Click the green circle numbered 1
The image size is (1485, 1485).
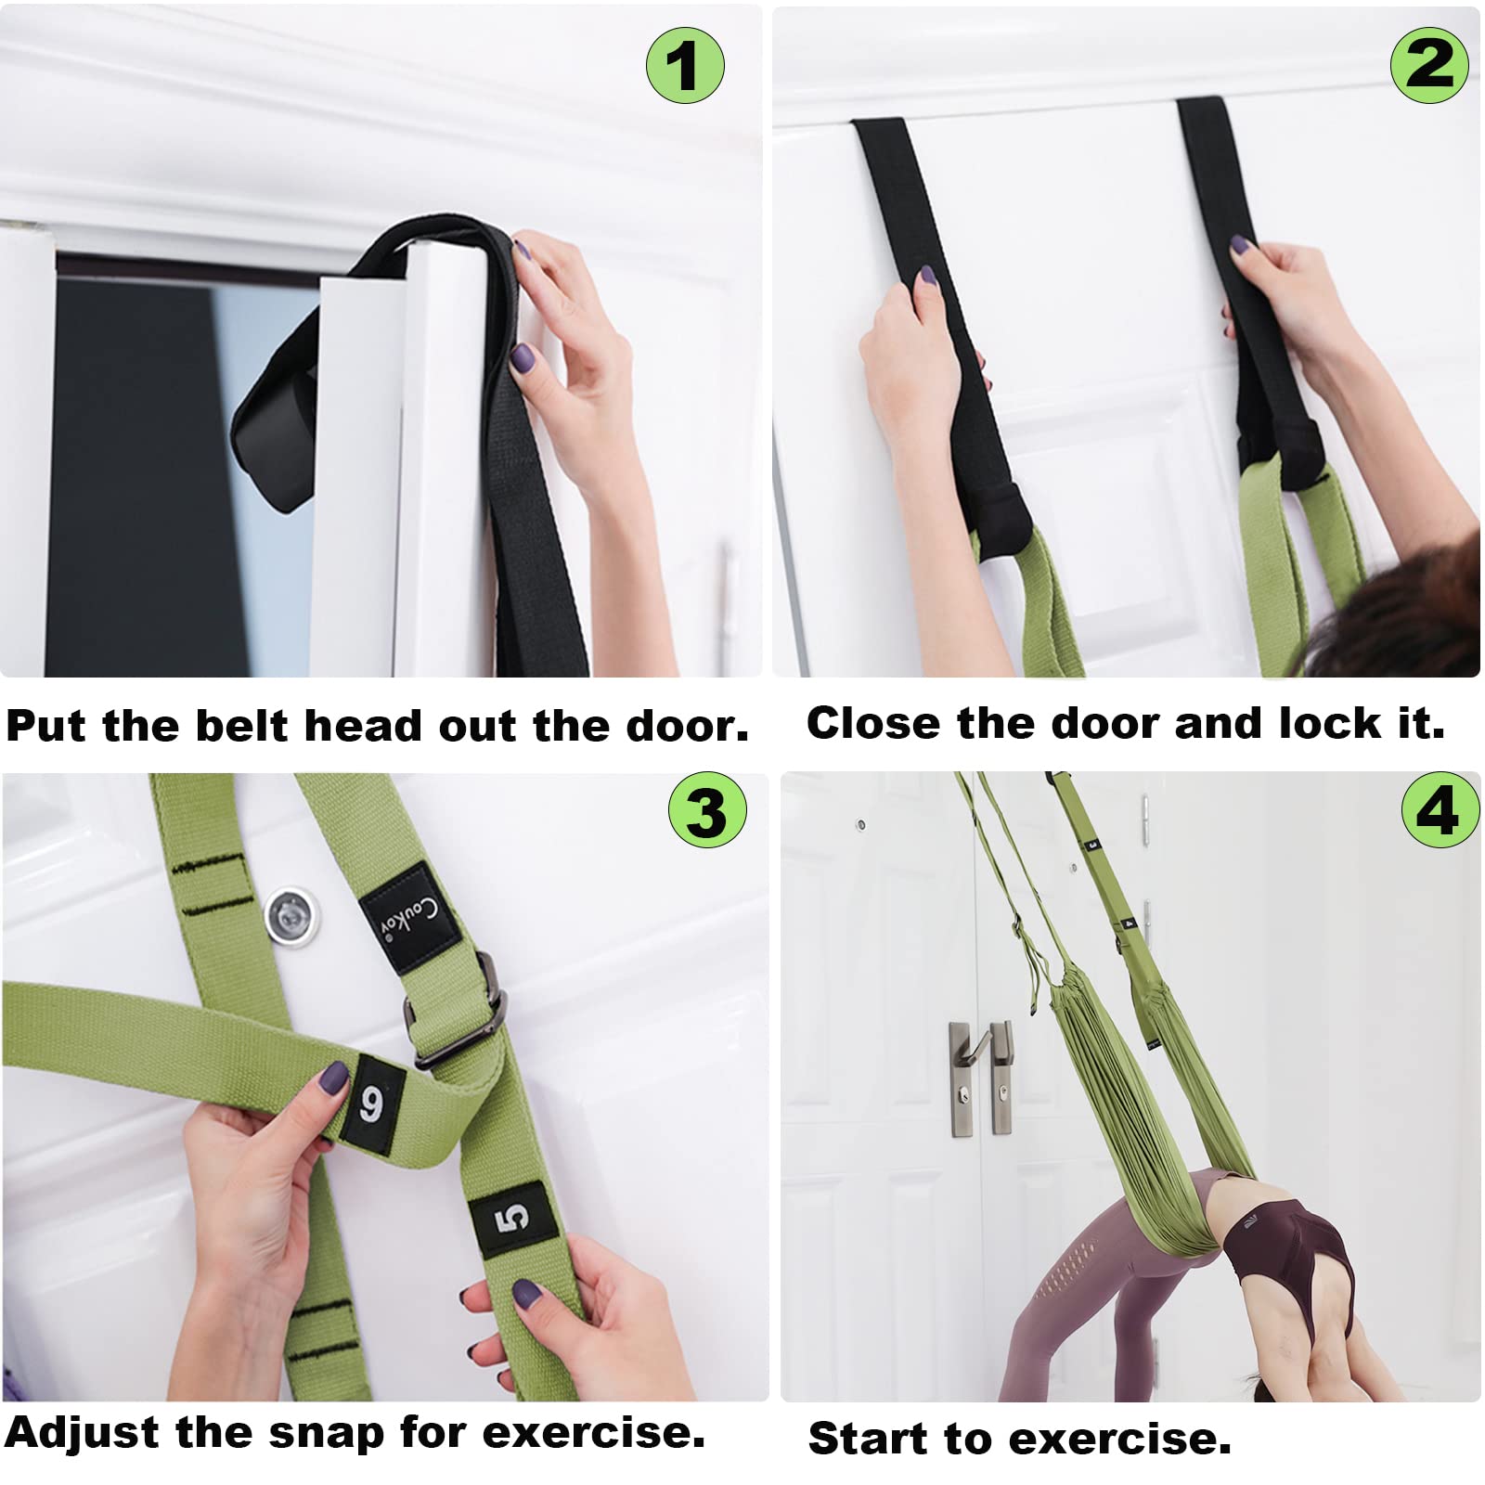[685, 65]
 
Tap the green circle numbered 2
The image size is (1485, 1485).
[1429, 63]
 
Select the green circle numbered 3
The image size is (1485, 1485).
[707, 809]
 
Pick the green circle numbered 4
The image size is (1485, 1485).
[1440, 809]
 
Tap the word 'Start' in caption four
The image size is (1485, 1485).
[869, 1438]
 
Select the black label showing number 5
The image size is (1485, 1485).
[513, 1217]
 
